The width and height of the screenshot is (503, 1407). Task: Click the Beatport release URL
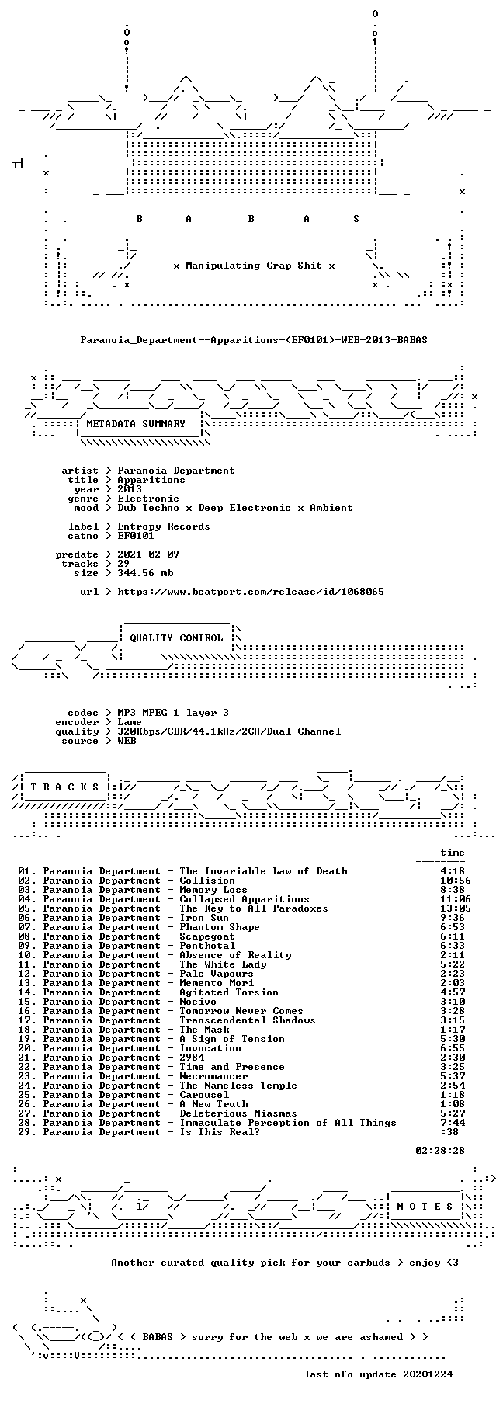pyautogui.click(x=251, y=592)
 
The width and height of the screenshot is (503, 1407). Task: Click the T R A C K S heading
pyautogui.click(x=62, y=787)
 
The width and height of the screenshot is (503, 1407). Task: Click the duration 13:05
pyautogui.click(x=455, y=908)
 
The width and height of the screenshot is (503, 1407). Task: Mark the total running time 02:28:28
pyautogui.click(x=440, y=1151)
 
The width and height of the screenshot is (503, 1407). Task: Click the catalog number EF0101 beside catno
pyautogui.click(x=136, y=536)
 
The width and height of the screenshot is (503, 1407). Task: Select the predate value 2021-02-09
pyautogui.click(x=148, y=554)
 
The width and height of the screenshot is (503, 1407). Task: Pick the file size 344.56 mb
pyautogui.click(x=145, y=573)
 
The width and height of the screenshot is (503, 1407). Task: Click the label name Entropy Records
pyautogui.click(x=164, y=526)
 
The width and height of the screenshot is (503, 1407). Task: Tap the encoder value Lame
pyautogui.click(x=130, y=722)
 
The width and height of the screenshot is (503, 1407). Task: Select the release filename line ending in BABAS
pyautogui.click(x=254, y=340)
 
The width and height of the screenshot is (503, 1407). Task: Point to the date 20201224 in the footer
pyautogui.click(x=428, y=1374)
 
